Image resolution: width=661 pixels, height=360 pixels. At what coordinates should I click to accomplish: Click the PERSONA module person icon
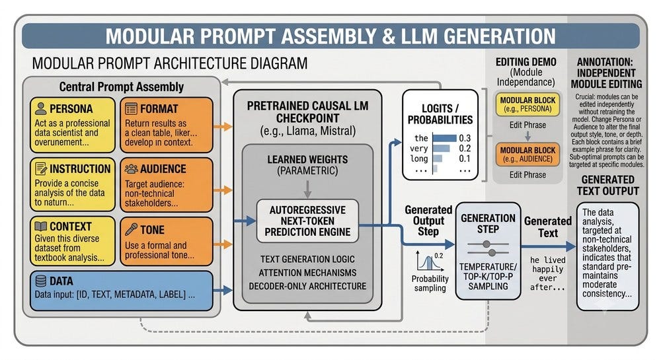pos(41,108)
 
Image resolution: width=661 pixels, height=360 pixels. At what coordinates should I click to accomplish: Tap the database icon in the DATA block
pos(41,281)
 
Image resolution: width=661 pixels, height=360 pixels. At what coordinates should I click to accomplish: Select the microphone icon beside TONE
pos(131,229)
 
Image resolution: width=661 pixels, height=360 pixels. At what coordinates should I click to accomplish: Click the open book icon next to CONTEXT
pos(40,227)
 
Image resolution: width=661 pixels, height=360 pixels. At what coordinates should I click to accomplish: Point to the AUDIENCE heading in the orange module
pos(163,169)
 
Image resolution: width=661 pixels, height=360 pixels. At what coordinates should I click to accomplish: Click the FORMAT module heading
pos(159,108)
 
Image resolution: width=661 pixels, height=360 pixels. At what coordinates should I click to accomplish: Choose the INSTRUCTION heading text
pos(80,169)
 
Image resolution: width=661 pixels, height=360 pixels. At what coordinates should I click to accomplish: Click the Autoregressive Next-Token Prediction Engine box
pos(308,221)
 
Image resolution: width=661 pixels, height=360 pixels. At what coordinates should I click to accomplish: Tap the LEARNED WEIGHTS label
pos(308,160)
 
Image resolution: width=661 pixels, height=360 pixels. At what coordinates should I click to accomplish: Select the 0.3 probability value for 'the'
pos(465,138)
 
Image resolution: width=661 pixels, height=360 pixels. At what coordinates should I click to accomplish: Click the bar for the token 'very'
pos(442,148)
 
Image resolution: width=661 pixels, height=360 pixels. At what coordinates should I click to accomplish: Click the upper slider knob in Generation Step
pos(486,244)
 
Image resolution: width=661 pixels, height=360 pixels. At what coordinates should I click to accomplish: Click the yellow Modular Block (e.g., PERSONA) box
pos(527,104)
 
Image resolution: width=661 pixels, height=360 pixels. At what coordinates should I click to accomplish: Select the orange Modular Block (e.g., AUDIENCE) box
pos(527,155)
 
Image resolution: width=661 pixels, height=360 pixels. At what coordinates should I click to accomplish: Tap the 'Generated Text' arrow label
pos(548,227)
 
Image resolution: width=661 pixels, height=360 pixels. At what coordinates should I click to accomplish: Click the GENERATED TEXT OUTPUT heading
pos(608,185)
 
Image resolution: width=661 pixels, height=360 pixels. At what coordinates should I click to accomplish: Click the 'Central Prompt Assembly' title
pos(122,87)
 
